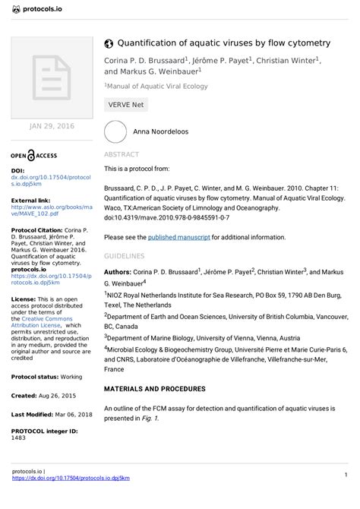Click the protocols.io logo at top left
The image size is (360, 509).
(37, 9)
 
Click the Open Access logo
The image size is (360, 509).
(34, 155)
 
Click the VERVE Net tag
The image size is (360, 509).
(125, 105)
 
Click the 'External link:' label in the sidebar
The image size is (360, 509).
(31, 200)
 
